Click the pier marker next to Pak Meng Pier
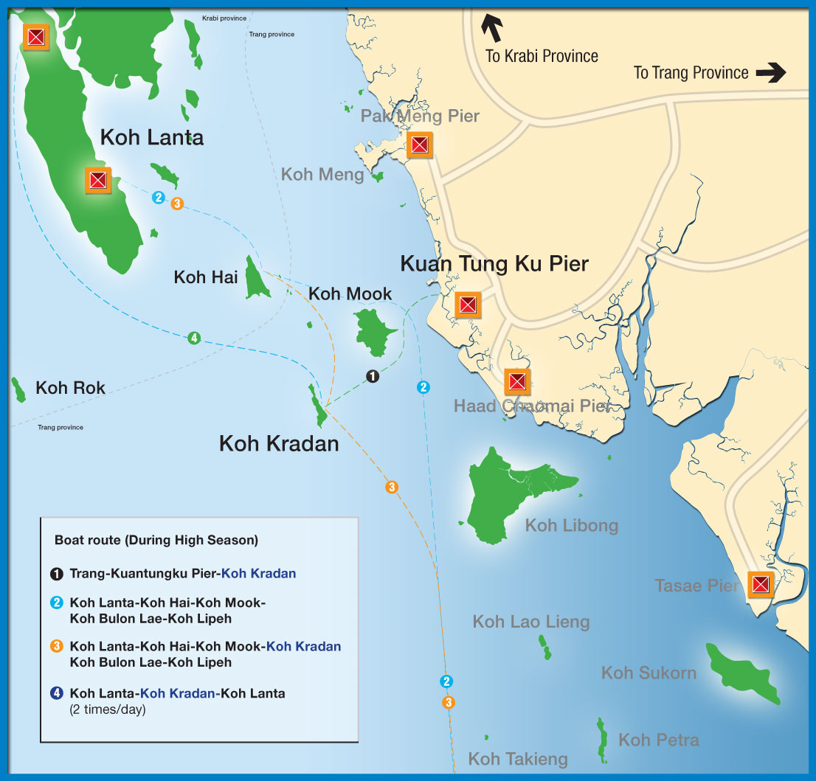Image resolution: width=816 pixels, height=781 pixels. tap(419, 145)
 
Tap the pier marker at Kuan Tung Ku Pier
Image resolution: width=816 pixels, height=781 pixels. tap(467, 304)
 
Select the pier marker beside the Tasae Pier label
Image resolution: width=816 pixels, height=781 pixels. tap(760, 585)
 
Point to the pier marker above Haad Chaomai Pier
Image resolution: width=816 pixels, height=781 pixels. tap(517, 381)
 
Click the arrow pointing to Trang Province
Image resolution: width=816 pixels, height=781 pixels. tap(770, 73)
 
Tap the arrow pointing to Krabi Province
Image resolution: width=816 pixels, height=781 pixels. tap(492, 27)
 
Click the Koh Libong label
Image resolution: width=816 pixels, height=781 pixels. tap(571, 525)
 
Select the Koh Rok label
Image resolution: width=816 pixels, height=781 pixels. tap(70, 388)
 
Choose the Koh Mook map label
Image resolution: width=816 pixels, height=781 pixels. tap(350, 294)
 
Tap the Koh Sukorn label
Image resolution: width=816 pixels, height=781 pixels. tap(649, 673)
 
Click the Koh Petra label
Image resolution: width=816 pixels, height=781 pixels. tap(658, 740)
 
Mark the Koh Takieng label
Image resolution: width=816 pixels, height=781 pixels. tap(518, 759)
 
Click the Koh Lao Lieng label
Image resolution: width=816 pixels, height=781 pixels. tap(531, 622)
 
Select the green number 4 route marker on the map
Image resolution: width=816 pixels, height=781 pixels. tap(193, 338)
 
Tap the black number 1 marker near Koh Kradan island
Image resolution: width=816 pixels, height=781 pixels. tap(373, 376)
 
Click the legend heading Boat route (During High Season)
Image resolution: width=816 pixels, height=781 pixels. tap(156, 540)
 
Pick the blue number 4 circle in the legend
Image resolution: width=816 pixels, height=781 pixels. tap(57, 693)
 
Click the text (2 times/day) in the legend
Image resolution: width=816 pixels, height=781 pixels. tap(108, 709)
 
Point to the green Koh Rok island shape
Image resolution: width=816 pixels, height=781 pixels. tap(18, 389)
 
